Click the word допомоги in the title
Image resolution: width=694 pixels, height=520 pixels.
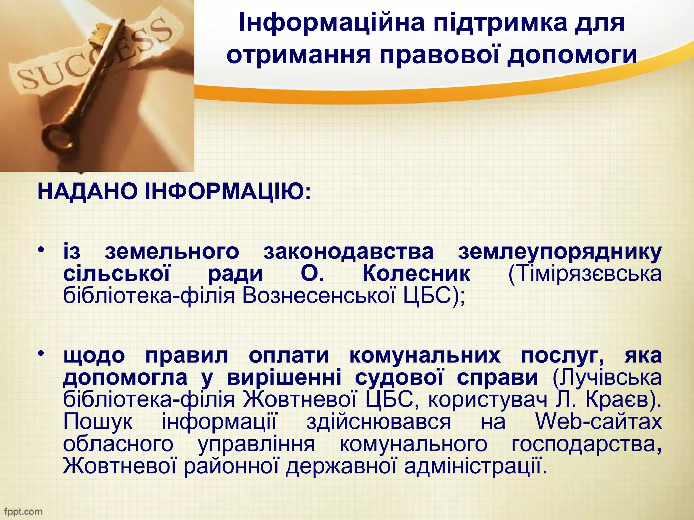572,56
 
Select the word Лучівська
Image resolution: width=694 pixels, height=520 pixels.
607,377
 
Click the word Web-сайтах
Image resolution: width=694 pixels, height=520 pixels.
598,422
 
